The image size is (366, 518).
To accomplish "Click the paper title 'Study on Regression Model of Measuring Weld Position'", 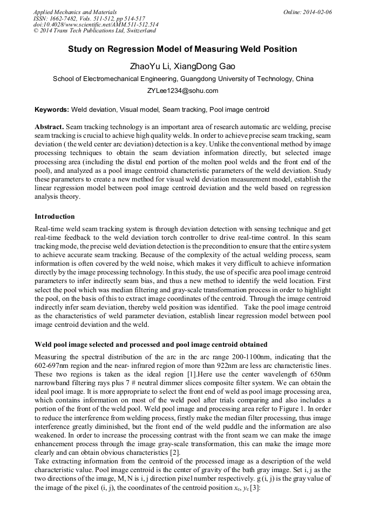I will pos(182,49).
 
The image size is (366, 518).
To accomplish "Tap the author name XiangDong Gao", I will pos(206,66).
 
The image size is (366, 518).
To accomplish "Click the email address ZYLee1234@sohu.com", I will pos(182,91).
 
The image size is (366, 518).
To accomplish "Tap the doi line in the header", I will pos(96,24).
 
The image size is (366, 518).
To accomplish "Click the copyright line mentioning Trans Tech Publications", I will pos(94,31).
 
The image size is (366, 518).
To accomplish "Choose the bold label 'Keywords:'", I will pos(52,109).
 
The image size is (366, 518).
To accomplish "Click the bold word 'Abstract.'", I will pos(49,126).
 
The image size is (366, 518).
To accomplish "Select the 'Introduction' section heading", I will pos(55,217).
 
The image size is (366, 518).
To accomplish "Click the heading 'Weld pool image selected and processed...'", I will pos(151,344).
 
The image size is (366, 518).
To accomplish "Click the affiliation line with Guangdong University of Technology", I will pos(182,79).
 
